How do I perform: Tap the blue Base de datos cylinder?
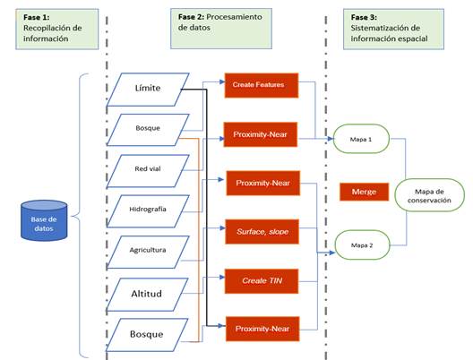[x=44, y=220]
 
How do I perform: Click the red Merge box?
[x=364, y=192]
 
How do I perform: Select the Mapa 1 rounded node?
[x=361, y=140]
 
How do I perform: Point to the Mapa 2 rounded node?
[x=361, y=244]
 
